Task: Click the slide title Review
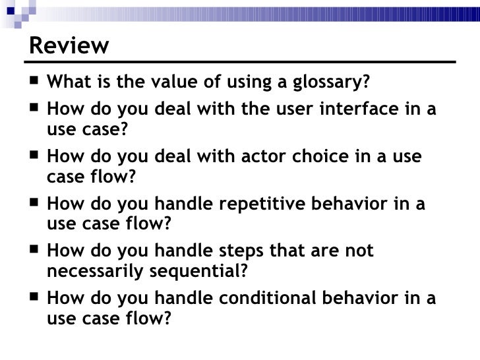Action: click(69, 45)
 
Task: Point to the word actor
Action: click(238, 158)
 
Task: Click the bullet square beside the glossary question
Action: click(34, 84)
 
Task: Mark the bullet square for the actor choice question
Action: click(34, 158)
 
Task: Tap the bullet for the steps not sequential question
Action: click(34, 252)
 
